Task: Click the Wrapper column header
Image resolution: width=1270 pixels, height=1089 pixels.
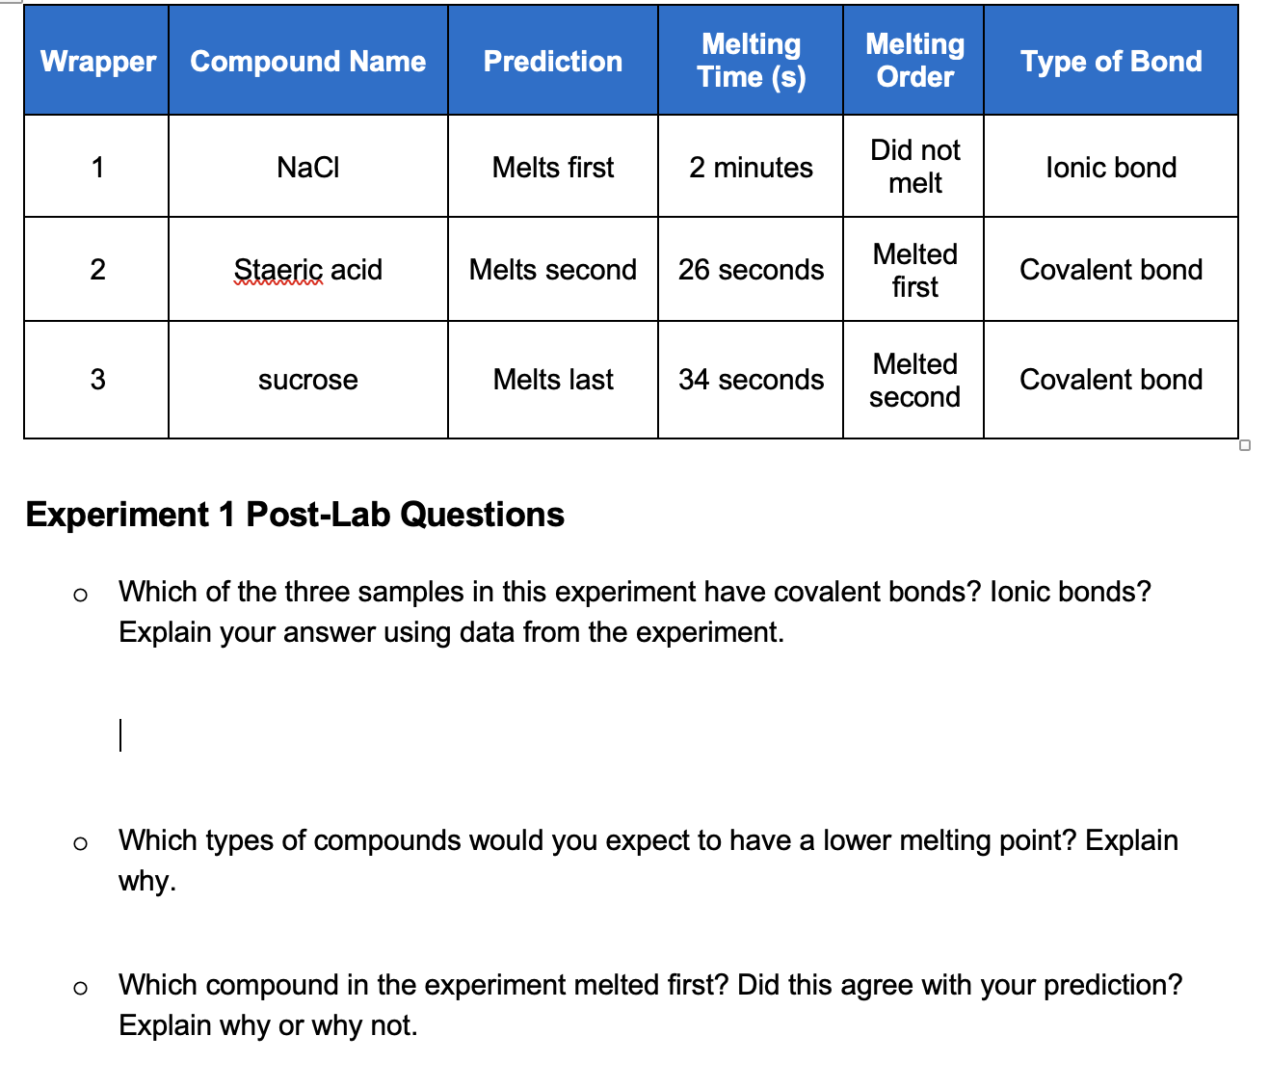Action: pyautogui.click(x=97, y=62)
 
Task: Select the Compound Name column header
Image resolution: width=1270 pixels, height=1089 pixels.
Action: pyautogui.click(x=307, y=62)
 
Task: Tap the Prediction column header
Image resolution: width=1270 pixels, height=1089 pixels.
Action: pyautogui.click(x=552, y=62)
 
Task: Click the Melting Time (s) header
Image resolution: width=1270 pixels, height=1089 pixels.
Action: pyautogui.click(x=751, y=61)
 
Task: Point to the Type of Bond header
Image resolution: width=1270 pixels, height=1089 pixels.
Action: pyautogui.click(x=1110, y=62)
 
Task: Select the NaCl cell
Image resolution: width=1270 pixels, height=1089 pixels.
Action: pyautogui.click(x=307, y=168)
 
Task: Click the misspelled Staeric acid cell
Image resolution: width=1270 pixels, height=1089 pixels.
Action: pyautogui.click(x=307, y=270)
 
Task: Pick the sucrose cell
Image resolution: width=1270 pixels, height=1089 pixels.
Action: pyautogui.click(x=307, y=380)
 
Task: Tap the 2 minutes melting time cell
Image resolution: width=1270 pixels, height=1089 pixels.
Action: pyautogui.click(x=751, y=168)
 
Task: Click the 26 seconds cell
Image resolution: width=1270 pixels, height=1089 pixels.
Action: pyautogui.click(x=751, y=270)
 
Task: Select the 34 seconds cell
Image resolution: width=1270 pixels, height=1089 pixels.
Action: pyautogui.click(x=751, y=380)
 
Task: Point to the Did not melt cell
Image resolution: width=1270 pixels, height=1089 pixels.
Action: pyautogui.click(x=914, y=167)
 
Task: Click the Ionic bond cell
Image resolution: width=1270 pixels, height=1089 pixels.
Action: pyautogui.click(x=1110, y=168)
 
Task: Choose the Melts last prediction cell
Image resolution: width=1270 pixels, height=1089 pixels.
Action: pyautogui.click(x=552, y=380)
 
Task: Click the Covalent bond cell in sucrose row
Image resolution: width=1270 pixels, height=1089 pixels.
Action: pyautogui.click(x=1110, y=380)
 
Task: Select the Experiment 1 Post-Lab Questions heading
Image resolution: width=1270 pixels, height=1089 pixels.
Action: pyautogui.click(x=295, y=515)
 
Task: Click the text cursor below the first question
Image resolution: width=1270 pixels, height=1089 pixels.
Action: pyautogui.click(x=120, y=734)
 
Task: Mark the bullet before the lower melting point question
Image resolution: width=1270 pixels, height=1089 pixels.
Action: pyautogui.click(x=80, y=844)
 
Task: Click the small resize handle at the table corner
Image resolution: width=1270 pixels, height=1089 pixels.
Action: pyautogui.click(x=1245, y=445)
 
